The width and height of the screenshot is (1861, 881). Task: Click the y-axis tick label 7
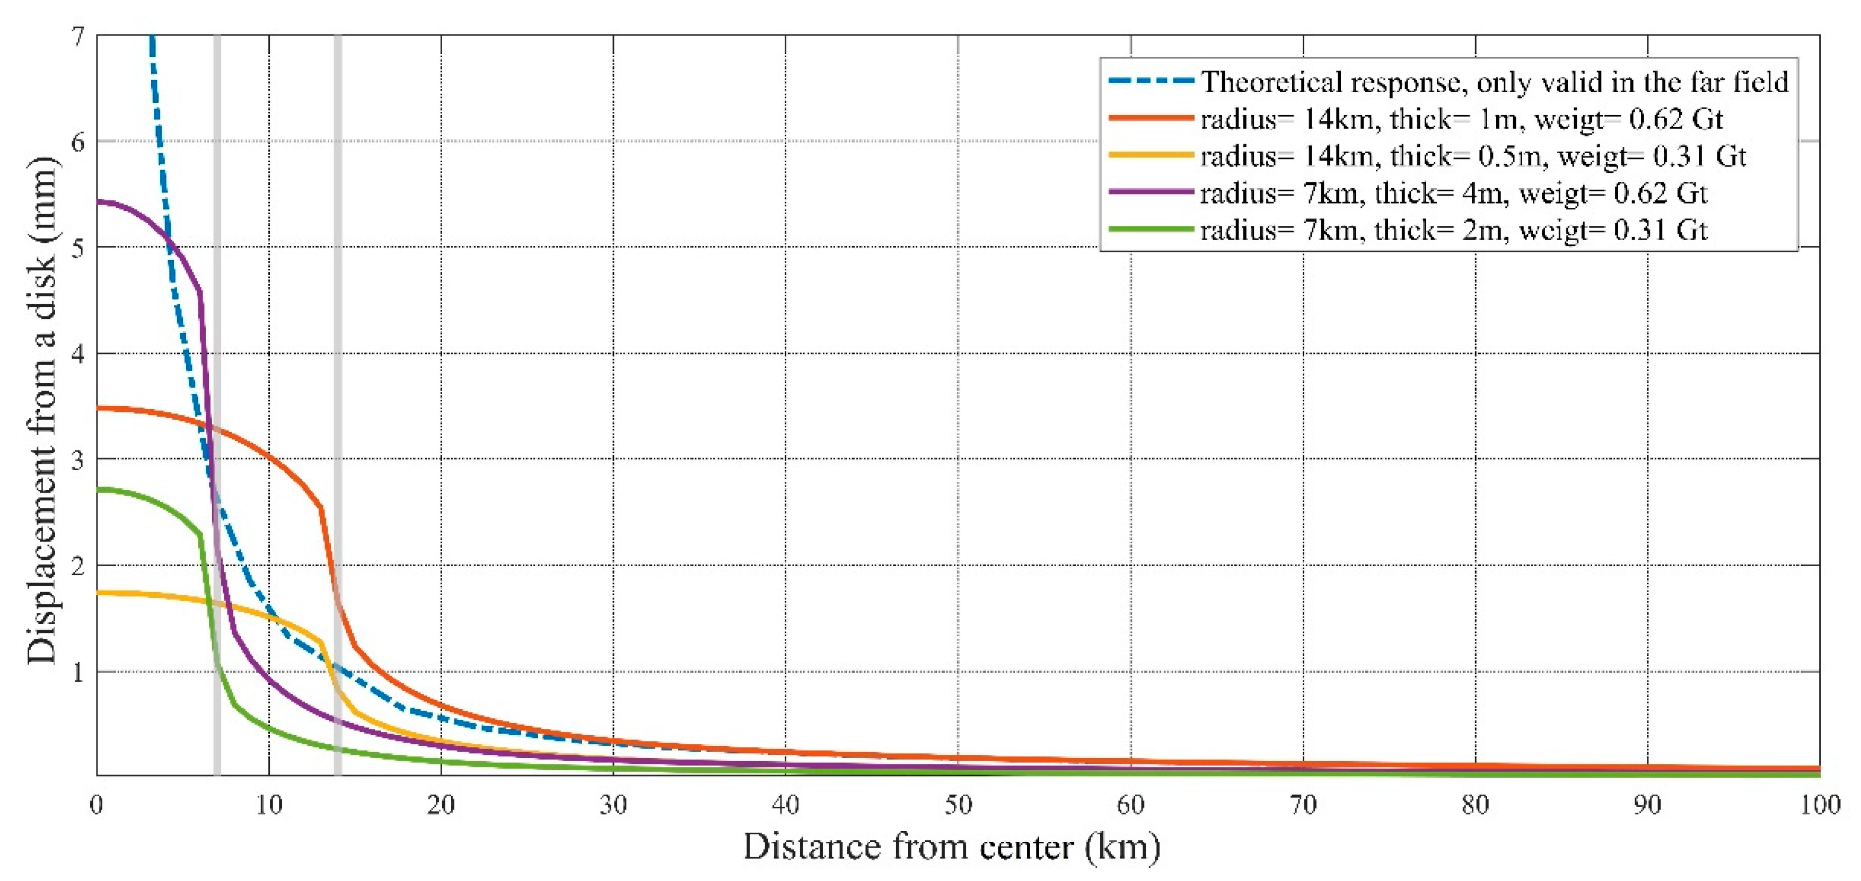(78, 36)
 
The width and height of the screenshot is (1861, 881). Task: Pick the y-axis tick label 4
(78, 354)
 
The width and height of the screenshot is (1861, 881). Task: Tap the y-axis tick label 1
(78, 672)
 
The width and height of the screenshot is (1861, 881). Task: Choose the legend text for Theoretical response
(1494, 82)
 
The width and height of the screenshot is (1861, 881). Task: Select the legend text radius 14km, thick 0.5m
(1472, 156)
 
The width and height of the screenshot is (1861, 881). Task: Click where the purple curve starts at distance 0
(98, 201)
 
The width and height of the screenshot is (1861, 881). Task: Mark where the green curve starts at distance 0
(98, 490)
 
